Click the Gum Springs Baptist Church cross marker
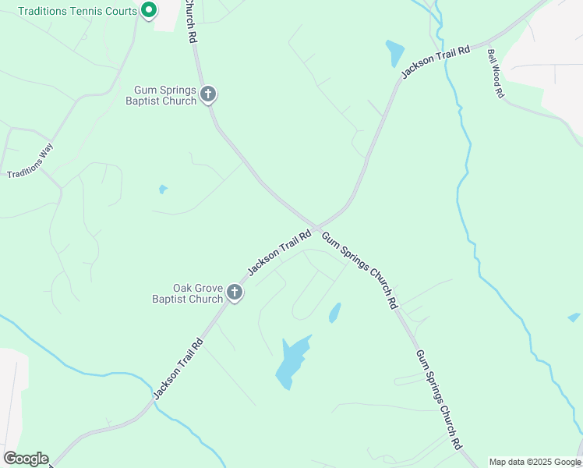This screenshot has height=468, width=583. click(x=208, y=94)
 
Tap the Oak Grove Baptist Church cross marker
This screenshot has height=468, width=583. click(x=235, y=293)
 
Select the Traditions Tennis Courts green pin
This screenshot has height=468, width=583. click(x=148, y=10)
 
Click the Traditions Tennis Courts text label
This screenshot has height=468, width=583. click(x=76, y=11)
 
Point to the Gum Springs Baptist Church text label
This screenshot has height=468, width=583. click(x=165, y=96)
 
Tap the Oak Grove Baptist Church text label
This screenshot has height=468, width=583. click(x=188, y=293)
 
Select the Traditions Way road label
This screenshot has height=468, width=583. click(x=30, y=162)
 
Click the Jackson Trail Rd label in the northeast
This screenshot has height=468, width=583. click(x=436, y=61)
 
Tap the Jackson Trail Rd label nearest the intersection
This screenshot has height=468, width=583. click(x=280, y=251)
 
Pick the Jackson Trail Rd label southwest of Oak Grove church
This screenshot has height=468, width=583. click(x=178, y=368)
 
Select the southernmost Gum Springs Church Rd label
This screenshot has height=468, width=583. click(x=438, y=399)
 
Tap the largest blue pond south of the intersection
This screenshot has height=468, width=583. click(x=292, y=362)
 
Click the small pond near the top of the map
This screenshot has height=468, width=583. click(x=394, y=53)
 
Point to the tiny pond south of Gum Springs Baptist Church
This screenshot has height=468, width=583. click(x=163, y=189)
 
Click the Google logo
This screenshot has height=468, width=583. click(x=26, y=459)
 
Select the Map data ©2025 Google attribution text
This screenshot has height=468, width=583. click(x=535, y=462)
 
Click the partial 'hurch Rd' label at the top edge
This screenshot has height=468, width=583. click(x=189, y=22)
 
